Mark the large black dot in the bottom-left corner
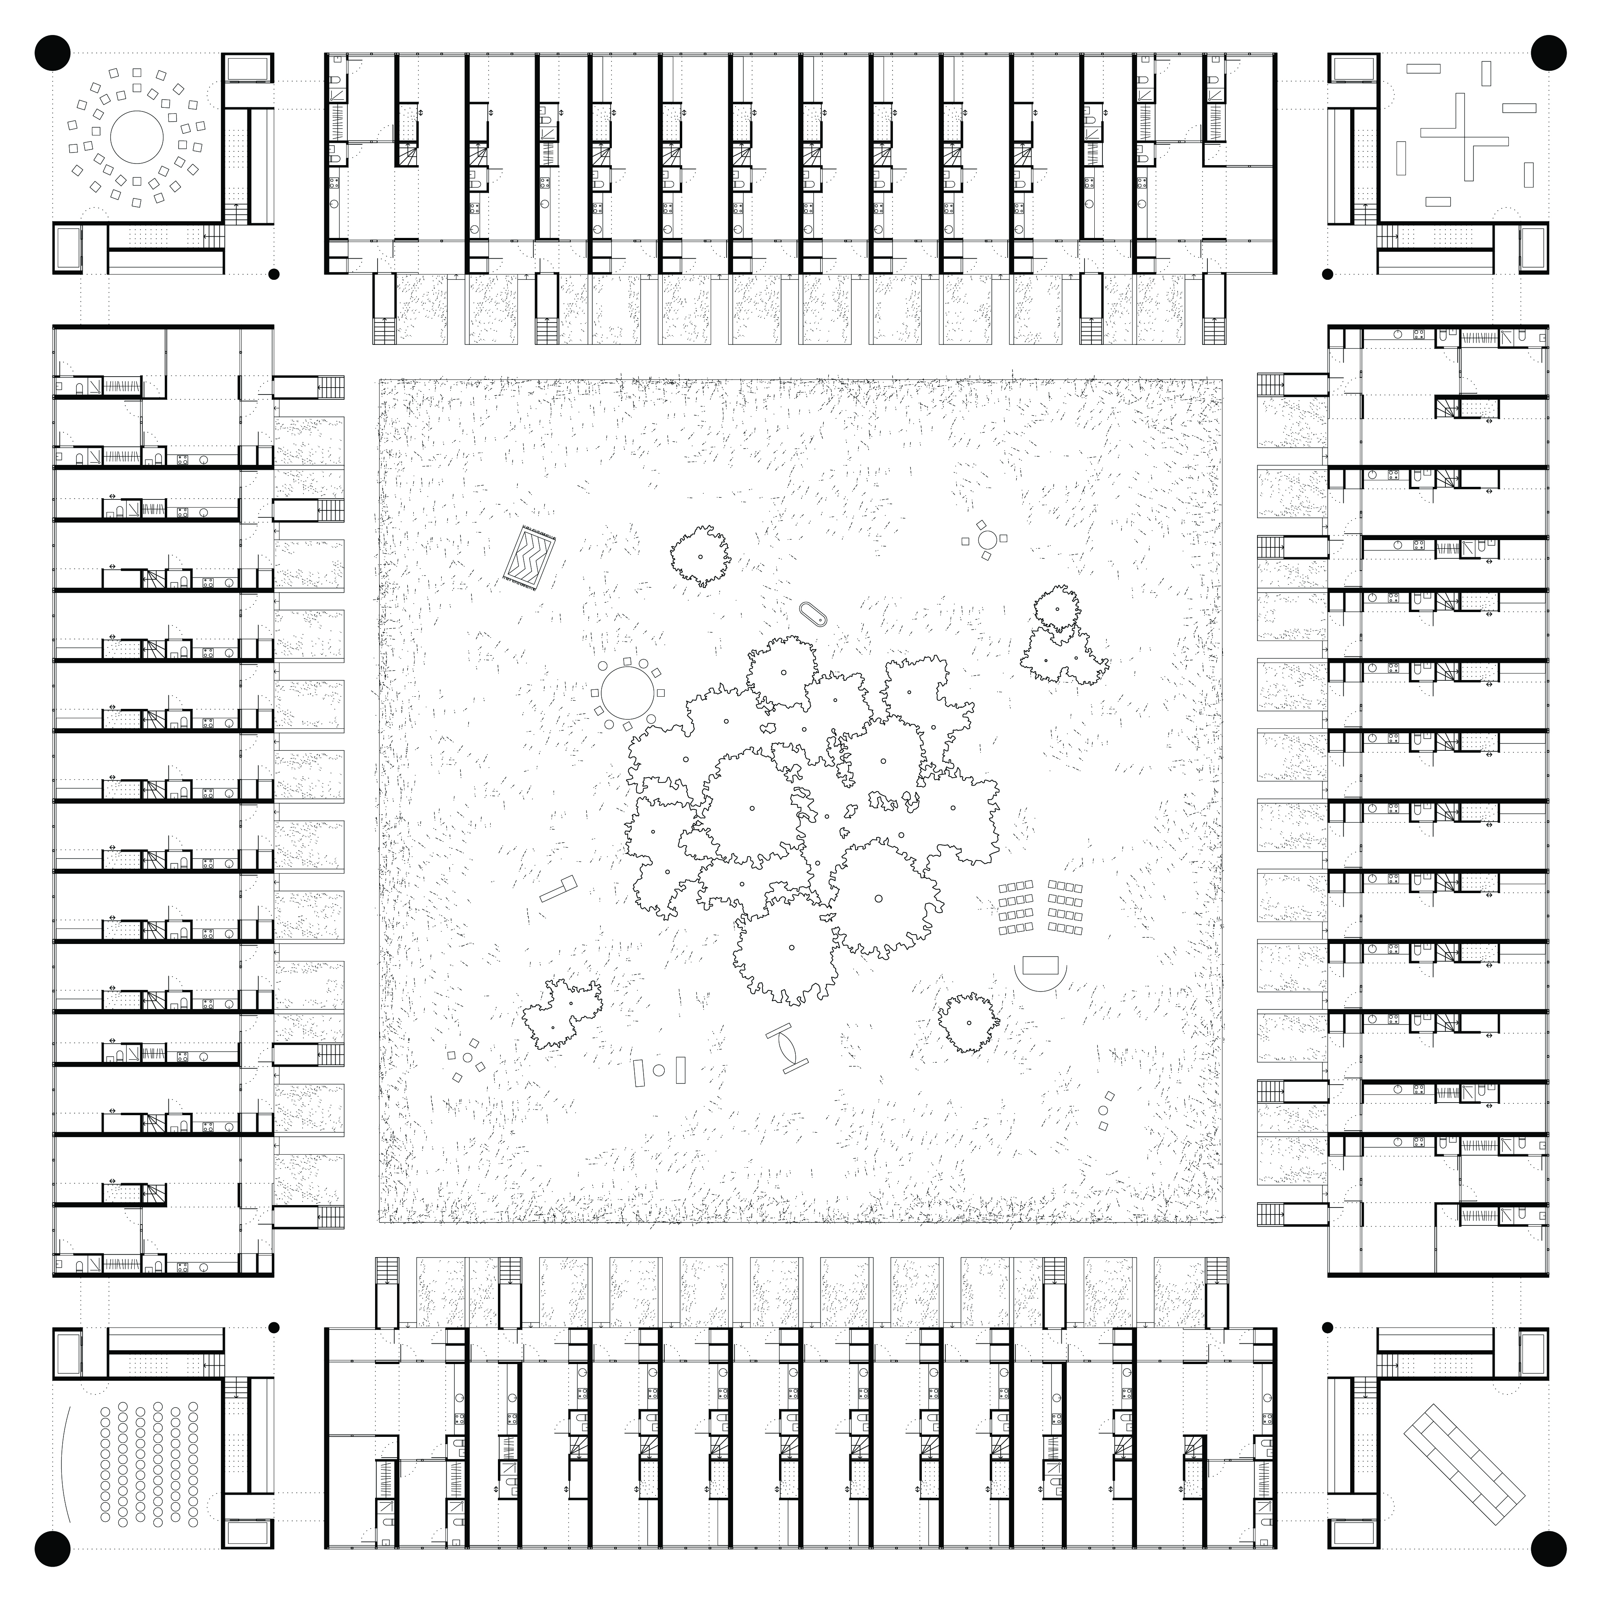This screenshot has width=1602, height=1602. pyautogui.click(x=51, y=1548)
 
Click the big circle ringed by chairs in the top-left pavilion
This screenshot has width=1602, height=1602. pyautogui.click(x=137, y=137)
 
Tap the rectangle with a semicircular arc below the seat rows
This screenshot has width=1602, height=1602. pyautogui.click(x=1040, y=967)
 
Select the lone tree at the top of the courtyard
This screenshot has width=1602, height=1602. pyautogui.click(x=700, y=556)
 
